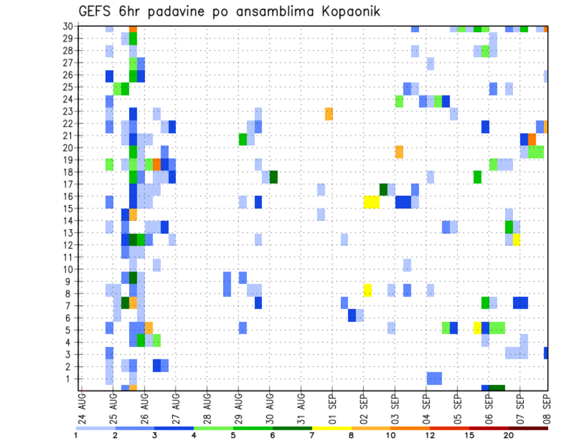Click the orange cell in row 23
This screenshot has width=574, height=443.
coord(329,113)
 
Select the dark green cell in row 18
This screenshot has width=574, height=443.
coord(273,177)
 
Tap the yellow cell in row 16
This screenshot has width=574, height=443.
coord(371,202)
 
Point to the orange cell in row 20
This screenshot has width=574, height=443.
coord(399,152)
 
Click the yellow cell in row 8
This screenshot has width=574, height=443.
coord(368,290)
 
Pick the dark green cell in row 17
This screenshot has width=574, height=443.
coord(383,189)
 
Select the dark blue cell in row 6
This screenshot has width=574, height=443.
coord(352,315)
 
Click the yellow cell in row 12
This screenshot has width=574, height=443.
coord(516,239)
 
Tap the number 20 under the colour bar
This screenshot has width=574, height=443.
coord(509,435)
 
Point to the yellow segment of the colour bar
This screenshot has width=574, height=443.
coord(331,428)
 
